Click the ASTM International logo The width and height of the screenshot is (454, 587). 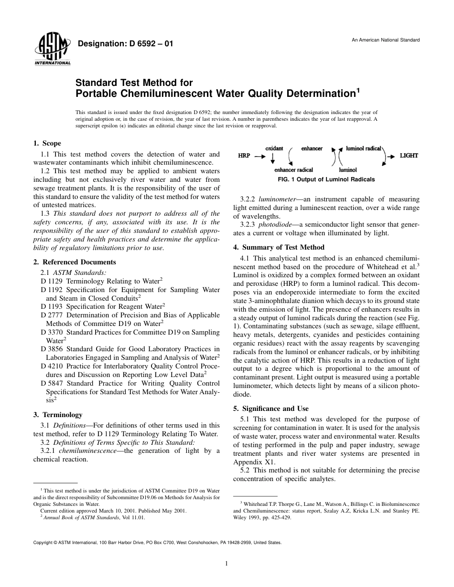pyautogui.click(x=52, y=49)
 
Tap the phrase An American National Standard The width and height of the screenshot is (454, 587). pyautogui.click(x=386, y=40)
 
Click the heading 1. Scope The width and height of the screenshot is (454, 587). pyautogui.click(x=47, y=143)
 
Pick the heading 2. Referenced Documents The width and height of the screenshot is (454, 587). pyautogui.click(x=75, y=262)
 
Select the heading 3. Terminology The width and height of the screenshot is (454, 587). pyautogui.click(x=58, y=415)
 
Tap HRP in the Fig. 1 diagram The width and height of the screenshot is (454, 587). pyautogui.click(x=244, y=156)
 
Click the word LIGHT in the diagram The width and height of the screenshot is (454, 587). pyautogui.click(x=409, y=156)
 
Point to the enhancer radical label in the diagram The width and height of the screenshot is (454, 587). pyautogui.click(x=293, y=170)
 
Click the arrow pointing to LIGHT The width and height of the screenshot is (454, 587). pyautogui.click(x=391, y=156)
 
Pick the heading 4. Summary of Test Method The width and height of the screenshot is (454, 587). pyautogui.click(x=279, y=247)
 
